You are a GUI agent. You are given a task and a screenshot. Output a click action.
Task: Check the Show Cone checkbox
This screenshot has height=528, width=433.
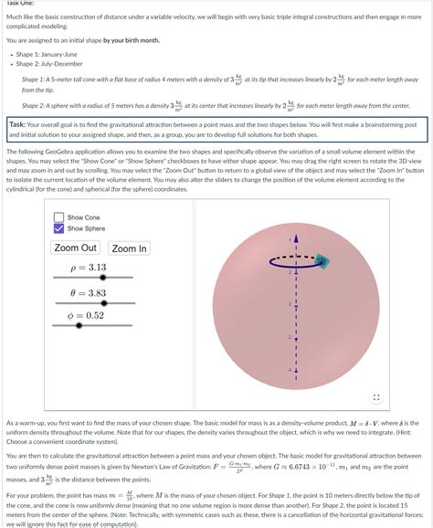59,217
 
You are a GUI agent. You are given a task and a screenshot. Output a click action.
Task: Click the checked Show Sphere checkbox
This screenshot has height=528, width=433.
59,228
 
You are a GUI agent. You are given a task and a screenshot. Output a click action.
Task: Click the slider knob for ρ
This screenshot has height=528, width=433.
102,277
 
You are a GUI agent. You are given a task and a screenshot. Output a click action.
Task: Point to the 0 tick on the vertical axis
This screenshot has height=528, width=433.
290,303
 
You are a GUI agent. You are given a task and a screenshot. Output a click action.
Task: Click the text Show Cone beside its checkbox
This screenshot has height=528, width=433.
83,217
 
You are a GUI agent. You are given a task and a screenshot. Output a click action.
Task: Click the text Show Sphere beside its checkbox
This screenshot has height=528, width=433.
86,228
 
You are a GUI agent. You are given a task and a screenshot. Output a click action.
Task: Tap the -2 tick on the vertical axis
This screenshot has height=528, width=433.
290,337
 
